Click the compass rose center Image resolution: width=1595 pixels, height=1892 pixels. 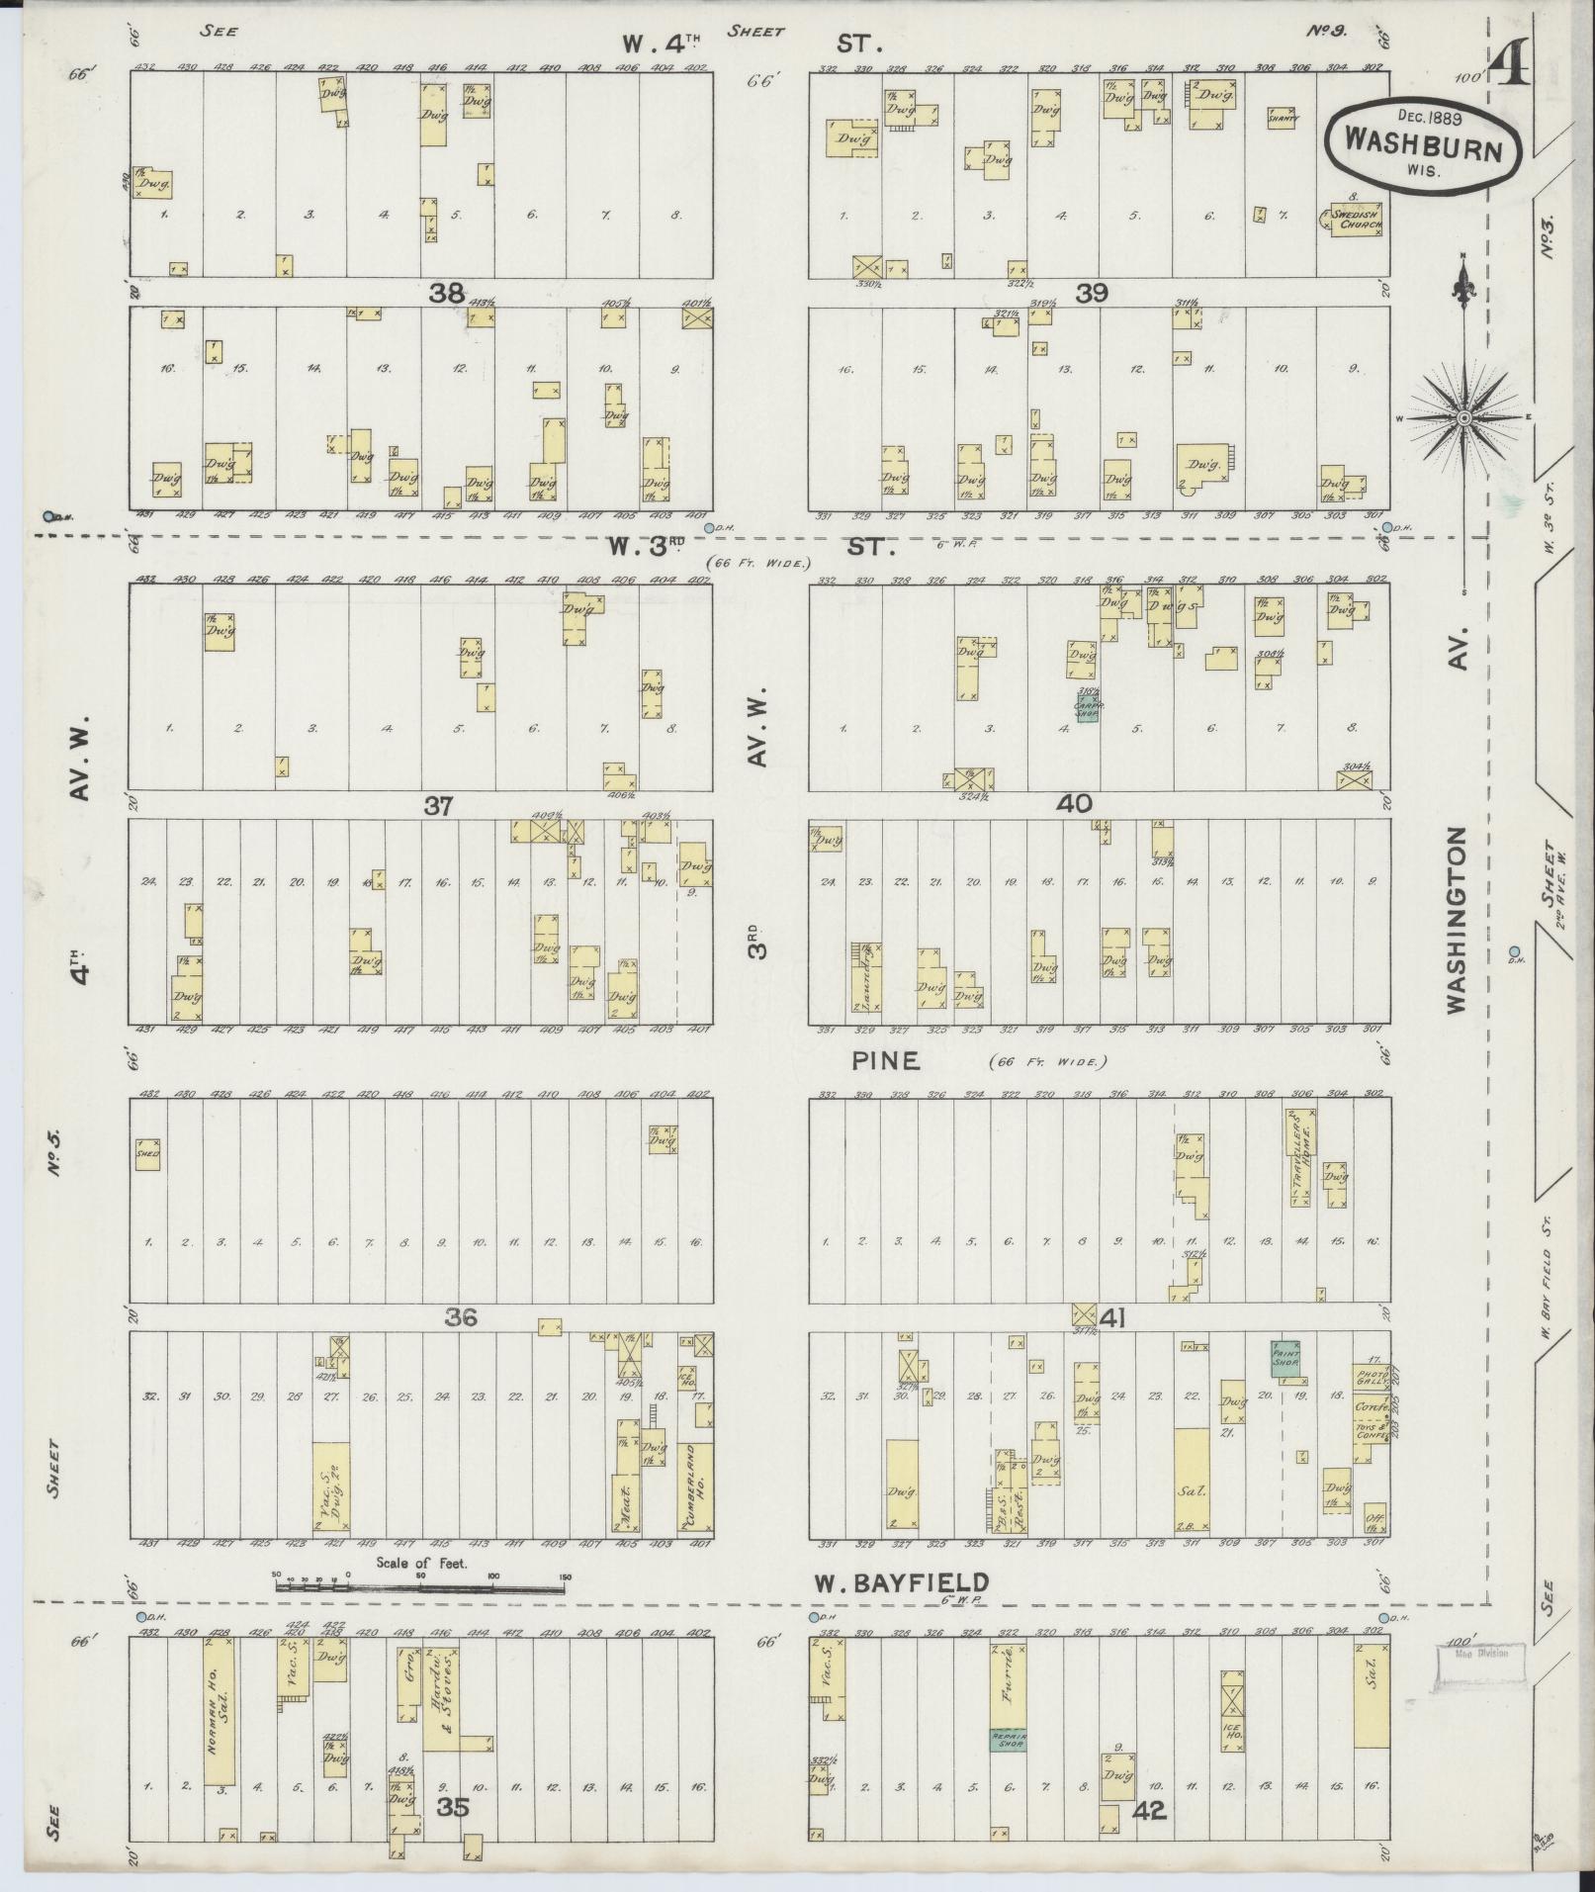click(1463, 418)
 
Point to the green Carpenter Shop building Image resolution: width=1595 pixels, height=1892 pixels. click(1089, 706)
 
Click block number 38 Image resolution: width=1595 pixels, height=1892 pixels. click(447, 293)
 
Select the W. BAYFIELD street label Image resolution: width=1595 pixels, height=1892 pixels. click(900, 1583)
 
